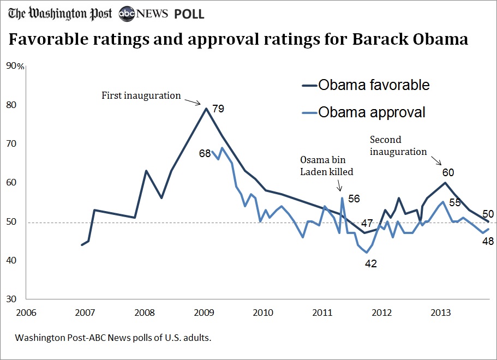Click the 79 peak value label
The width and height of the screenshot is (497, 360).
pyautogui.click(x=218, y=109)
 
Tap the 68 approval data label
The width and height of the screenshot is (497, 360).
pyautogui.click(x=205, y=154)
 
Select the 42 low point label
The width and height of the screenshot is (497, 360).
pyautogui.click(x=372, y=263)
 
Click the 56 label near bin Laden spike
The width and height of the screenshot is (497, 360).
pyautogui.click(x=354, y=199)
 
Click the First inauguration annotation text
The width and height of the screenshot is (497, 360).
pyautogui.click(x=141, y=95)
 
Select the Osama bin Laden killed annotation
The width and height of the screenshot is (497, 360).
pyautogui.click(x=327, y=165)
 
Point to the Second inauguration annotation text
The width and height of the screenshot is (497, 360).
pyautogui.click(x=398, y=146)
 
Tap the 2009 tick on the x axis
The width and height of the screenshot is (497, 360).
pyautogui.click(x=204, y=313)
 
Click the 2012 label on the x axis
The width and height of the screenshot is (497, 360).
pyautogui.click(x=381, y=313)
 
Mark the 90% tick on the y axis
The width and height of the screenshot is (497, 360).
pyautogui.click(x=14, y=67)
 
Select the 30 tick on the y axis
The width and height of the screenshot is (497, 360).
pyautogui.click(x=11, y=299)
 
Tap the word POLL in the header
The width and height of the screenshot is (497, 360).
pyautogui.click(x=189, y=14)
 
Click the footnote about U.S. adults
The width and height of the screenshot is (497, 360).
pyautogui.click(x=113, y=338)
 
